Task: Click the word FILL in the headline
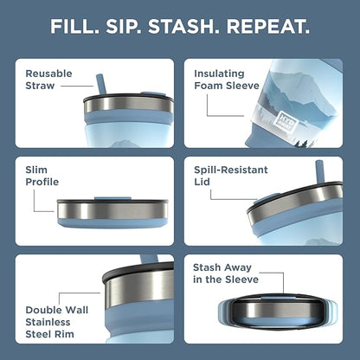point(74,27)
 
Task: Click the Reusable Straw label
point(48,80)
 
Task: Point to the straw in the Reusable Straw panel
point(101,84)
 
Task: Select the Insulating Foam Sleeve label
point(227,80)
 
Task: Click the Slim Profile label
point(42,176)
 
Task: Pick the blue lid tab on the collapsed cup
point(112,198)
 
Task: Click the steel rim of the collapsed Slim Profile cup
point(112,210)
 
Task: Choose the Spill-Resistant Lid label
point(231,176)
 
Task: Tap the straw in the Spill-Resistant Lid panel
point(320,172)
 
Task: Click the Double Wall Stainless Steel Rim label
point(57,322)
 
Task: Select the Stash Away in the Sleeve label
point(226,273)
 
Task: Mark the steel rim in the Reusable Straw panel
point(129,106)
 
